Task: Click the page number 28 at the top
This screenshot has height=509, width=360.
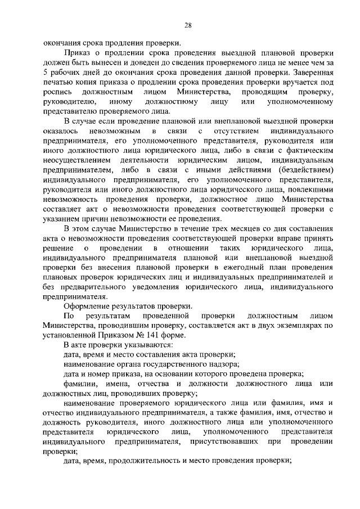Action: (188, 25)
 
